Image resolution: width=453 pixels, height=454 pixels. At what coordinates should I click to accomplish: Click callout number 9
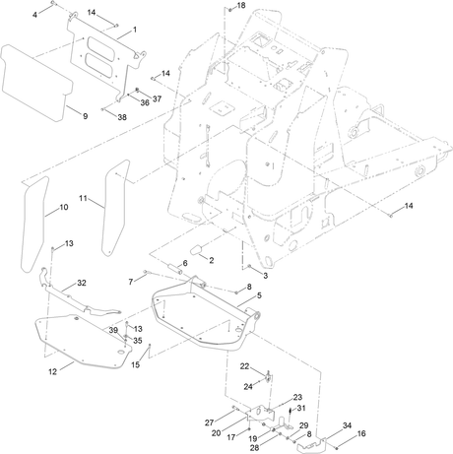point(85,116)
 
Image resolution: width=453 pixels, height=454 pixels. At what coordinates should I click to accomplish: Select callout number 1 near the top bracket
point(135,30)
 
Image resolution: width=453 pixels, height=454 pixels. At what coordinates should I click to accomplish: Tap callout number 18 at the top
point(241,6)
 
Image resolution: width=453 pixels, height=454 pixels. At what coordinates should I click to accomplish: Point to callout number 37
point(158,98)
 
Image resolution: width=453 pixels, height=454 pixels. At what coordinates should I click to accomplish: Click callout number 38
point(122,117)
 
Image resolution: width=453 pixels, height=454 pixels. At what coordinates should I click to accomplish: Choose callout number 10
point(64,207)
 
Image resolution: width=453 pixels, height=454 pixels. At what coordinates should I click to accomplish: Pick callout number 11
point(83,198)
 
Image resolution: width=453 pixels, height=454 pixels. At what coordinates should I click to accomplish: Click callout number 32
point(82,283)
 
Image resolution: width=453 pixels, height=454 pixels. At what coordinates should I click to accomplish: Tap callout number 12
point(52,371)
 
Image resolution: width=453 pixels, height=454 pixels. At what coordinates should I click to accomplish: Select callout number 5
point(259,295)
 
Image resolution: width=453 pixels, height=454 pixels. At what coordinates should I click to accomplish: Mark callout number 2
point(212,260)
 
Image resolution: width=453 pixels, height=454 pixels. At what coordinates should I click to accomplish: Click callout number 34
point(347,425)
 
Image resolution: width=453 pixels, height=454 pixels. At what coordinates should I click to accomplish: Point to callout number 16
point(361,433)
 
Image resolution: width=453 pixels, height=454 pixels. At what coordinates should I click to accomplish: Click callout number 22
point(244,366)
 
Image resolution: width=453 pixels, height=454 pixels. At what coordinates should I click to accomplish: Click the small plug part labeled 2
point(198,250)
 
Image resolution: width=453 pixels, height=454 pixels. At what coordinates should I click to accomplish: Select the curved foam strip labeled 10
point(34,224)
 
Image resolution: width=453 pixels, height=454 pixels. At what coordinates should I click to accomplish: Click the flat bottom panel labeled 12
point(82,342)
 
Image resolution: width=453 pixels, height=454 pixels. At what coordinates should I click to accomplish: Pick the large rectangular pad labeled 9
point(36,82)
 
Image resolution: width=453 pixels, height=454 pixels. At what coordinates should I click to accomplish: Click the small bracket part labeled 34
point(310,445)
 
